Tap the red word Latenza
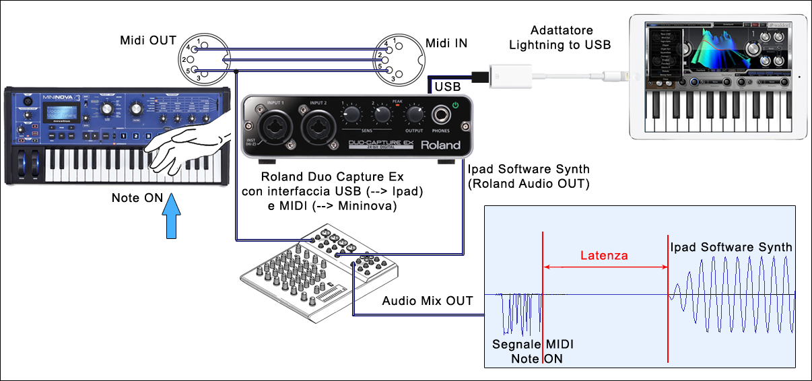(x=605, y=255)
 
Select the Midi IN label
(x=446, y=44)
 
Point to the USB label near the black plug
(x=448, y=87)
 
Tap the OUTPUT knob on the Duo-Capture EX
(x=415, y=115)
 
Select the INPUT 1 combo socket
(x=275, y=125)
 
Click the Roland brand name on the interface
(x=440, y=145)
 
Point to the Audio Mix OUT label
(x=428, y=301)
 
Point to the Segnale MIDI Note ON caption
(x=533, y=351)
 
